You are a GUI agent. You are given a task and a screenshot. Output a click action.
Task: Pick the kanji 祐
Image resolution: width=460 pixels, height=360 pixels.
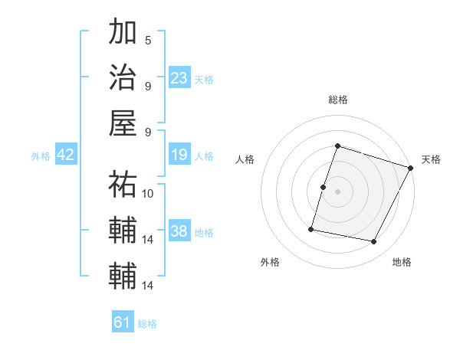(123, 185)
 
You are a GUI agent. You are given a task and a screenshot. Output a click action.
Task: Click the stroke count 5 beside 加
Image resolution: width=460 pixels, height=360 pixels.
(148, 40)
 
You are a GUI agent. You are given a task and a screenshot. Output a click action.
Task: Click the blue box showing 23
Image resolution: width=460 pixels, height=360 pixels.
(179, 77)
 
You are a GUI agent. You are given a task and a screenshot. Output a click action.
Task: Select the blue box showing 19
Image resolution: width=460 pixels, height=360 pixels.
(179, 155)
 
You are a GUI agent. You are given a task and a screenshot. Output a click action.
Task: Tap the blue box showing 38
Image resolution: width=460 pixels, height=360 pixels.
(179, 231)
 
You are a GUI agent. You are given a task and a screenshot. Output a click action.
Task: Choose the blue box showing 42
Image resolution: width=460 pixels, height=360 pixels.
(66, 155)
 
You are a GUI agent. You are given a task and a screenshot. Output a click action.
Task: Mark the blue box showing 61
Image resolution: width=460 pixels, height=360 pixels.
(123, 322)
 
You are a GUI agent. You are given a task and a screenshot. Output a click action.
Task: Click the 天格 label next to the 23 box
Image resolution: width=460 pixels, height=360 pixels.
(204, 79)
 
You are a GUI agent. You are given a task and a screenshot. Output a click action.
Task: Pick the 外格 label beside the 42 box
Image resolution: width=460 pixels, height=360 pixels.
(41, 156)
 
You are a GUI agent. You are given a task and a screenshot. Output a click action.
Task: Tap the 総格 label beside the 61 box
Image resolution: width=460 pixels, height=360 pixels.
(147, 324)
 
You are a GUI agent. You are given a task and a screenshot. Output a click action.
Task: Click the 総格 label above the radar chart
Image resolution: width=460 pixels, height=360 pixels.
(338, 100)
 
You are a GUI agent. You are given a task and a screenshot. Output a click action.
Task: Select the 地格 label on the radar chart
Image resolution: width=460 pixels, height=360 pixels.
(402, 263)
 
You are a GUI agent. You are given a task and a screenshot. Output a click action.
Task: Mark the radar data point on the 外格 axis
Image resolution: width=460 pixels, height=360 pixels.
(312, 229)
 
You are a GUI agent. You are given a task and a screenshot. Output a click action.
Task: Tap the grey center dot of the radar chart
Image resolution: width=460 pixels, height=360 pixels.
(338, 191)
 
